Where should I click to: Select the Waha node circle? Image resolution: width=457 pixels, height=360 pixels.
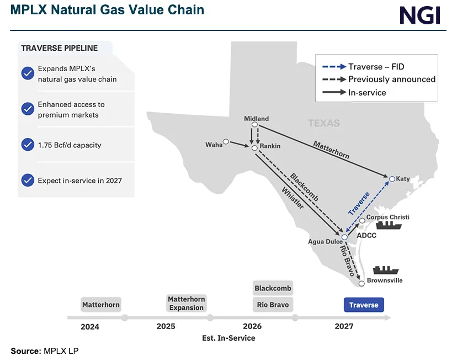[x=226, y=140]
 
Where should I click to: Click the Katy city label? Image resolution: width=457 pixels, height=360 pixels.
[x=403, y=179]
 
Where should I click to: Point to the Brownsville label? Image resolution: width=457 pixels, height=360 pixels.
[x=385, y=280]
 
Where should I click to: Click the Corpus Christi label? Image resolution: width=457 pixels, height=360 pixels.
[x=388, y=217]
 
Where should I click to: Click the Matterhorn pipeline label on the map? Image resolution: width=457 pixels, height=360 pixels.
[x=331, y=150]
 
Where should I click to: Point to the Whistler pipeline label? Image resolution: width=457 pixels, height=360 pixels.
[x=293, y=196]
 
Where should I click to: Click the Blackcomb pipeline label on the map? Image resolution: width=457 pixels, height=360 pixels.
[x=302, y=188]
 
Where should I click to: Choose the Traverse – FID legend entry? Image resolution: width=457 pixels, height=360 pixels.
[x=376, y=67]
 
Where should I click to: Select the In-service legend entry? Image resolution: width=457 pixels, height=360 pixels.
[x=367, y=92]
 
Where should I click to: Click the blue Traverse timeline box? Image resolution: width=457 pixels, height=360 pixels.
[x=364, y=305]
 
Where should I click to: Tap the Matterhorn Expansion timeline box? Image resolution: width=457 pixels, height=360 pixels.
[x=187, y=303]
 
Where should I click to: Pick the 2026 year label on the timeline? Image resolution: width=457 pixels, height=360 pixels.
[x=252, y=326]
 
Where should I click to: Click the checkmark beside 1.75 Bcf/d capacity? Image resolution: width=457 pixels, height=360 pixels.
[x=28, y=145]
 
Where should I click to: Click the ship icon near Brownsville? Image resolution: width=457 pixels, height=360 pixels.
[x=385, y=270]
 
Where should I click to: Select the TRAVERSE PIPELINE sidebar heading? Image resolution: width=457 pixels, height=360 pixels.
[x=59, y=48]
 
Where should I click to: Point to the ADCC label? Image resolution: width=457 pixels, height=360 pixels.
[x=366, y=235]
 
